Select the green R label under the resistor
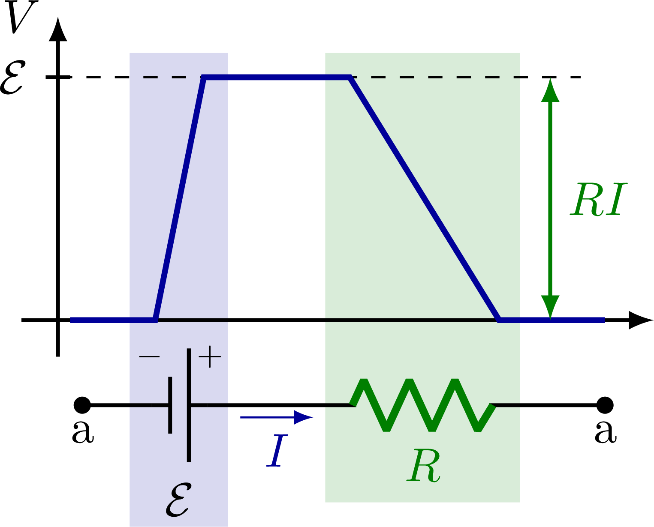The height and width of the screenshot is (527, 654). pyautogui.click(x=423, y=466)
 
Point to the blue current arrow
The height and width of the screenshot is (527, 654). pyautogui.click(x=277, y=417)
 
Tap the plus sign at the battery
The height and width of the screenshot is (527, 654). pyautogui.click(x=209, y=357)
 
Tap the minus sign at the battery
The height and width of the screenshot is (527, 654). pyautogui.click(x=149, y=357)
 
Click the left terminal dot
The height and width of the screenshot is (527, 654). pyautogui.click(x=82, y=405)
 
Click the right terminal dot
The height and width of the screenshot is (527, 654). pyautogui.click(x=605, y=405)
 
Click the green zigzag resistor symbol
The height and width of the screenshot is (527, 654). pyautogui.click(x=422, y=405)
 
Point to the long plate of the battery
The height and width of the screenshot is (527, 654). pyautogui.click(x=189, y=405)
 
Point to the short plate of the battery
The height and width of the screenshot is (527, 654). pyautogui.click(x=170, y=405)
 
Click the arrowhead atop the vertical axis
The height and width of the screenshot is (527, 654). pyautogui.click(x=58, y=30)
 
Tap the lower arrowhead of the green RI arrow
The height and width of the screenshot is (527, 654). pyautogui.click(x=550, y=306)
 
